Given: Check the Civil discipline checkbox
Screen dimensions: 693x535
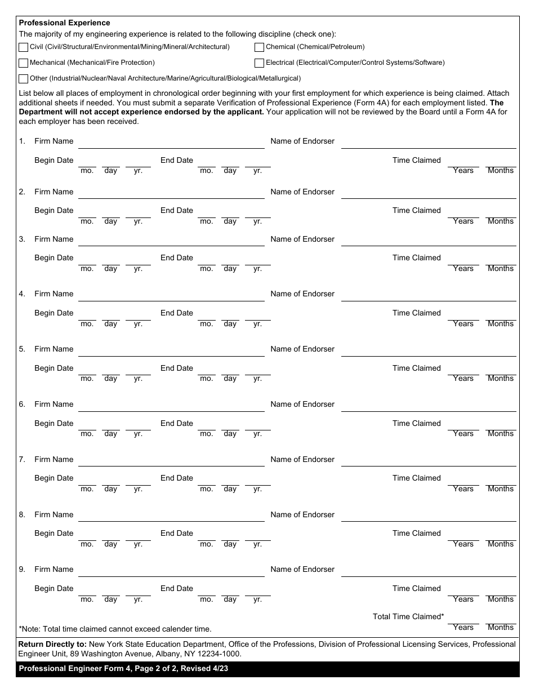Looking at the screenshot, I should (x=24, y=47).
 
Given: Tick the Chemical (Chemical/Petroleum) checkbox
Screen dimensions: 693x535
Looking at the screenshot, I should (x=260, y=47).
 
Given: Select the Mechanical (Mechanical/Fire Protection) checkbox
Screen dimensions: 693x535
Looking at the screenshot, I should (x=24, y=63).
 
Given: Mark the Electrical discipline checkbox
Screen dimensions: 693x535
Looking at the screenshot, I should (x=260, y=63).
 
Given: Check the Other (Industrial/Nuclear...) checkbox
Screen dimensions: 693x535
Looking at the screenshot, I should (x=24, y=79).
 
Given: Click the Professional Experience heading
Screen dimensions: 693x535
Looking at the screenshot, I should (x=65, y=23).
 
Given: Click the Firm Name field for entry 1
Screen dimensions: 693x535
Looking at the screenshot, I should (x=171, y=142).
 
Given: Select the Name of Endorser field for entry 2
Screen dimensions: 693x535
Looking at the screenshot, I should (x=429, y=193).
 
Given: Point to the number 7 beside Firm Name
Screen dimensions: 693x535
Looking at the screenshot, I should (x=22, y=460).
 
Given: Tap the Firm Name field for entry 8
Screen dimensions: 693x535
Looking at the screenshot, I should (x=171, y=515).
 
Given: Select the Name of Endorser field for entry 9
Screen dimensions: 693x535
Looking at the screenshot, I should (x=429, y=570).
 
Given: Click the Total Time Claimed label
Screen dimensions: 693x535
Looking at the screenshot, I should (x=408, y=617).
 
